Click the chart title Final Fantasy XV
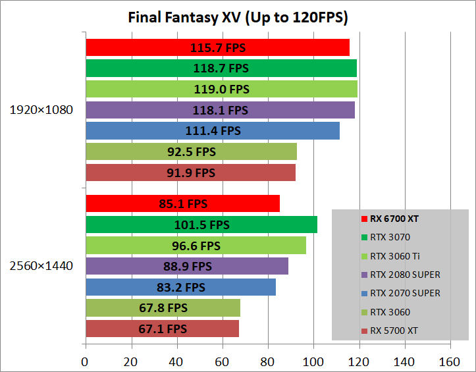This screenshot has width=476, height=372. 238,17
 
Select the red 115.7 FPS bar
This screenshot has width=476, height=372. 217,47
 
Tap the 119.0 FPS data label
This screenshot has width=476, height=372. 221,89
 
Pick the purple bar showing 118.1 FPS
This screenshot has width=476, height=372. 220,110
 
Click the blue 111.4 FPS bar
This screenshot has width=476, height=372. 212,131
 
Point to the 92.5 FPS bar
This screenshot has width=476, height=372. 191,151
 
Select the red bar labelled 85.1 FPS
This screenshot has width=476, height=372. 182,203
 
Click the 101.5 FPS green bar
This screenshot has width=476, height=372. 201,225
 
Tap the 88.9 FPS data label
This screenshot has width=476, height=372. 188,266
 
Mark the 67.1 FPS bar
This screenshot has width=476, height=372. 162,329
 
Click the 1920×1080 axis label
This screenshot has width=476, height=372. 41,110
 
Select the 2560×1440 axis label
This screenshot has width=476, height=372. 41,266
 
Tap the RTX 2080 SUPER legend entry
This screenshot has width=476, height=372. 405,275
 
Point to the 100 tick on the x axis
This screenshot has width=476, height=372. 313,361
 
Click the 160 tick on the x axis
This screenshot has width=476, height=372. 450,361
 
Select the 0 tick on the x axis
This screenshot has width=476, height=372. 85,361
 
